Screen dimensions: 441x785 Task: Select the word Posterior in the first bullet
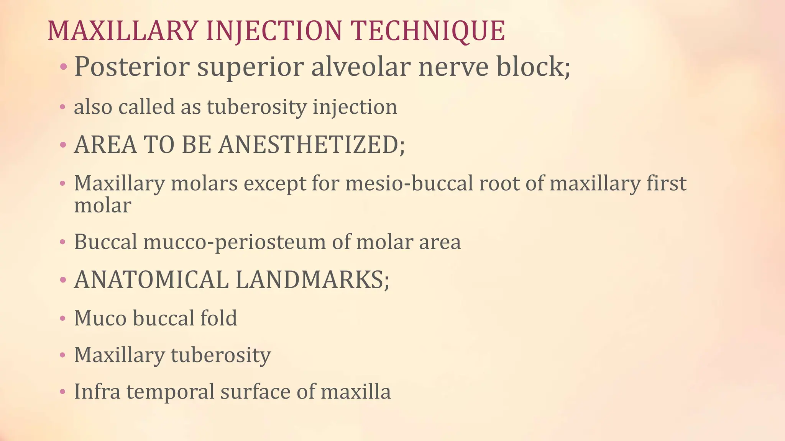click(132, 67)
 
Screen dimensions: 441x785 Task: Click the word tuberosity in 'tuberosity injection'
click(257, 107)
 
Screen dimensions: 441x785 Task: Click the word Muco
click(100, 318)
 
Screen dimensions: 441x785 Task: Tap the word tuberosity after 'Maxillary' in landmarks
click(221, 355)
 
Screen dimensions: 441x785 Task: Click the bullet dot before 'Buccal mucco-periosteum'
click(63, 243)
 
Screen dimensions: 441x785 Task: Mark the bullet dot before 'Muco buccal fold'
click(63, 319)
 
